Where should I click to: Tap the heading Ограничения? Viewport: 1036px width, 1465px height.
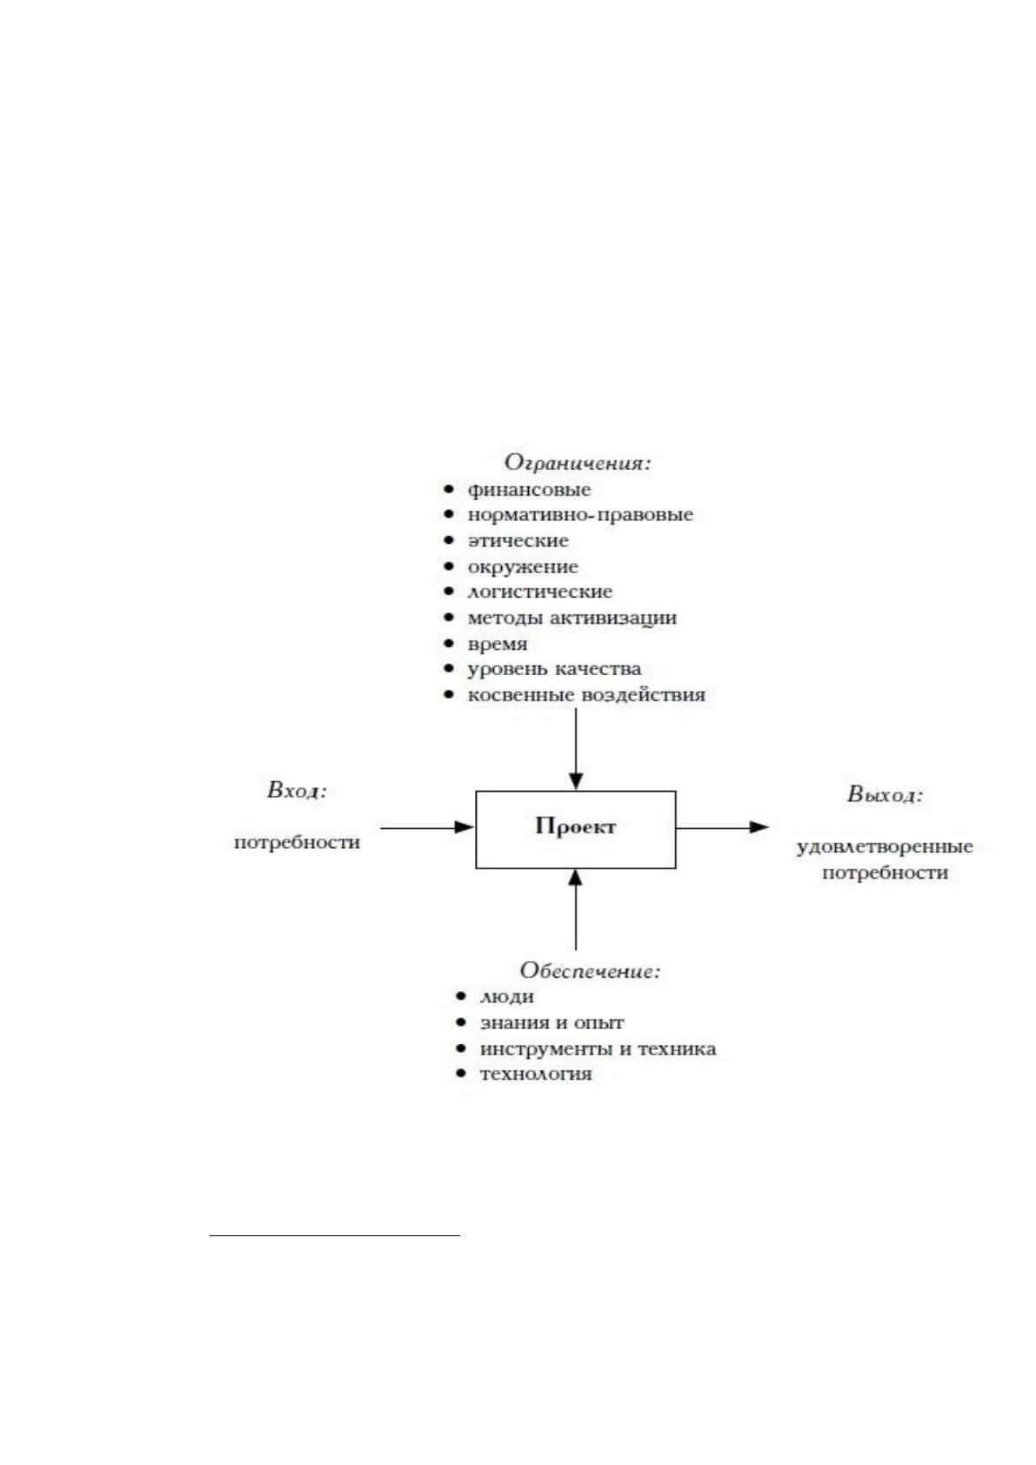tap(578, 463)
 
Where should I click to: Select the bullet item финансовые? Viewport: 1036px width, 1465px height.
tap(529, 490)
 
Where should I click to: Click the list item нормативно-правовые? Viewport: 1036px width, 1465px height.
tap(580, 515)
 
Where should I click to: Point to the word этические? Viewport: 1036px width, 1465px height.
tap(518, 541)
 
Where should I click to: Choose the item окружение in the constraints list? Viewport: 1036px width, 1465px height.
tap(523, 567)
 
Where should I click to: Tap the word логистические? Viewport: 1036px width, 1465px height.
tap(540, 592)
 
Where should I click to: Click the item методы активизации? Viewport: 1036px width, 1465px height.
tap(572, 618)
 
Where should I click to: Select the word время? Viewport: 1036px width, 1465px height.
tap(497, 645)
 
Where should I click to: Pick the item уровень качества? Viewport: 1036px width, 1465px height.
tap(555, 670)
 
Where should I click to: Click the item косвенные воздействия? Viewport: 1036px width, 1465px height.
tap(586, 694)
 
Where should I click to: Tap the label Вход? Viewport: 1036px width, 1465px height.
tap(297, 791)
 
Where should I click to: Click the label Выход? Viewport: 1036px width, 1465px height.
tap(886, 794)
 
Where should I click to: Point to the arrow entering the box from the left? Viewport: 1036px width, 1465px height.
tap(427, 827)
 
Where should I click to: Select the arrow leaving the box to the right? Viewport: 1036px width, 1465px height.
tap(723, 827)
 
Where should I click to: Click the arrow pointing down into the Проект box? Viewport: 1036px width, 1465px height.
tap(576, 750)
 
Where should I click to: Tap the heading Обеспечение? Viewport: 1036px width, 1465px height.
tap(590, 971)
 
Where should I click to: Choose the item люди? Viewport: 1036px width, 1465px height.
tap(507, 997)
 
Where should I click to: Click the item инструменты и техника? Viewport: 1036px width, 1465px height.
tap(598, 1049)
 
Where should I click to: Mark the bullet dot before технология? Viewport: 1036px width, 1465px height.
tap(462, 1074)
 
